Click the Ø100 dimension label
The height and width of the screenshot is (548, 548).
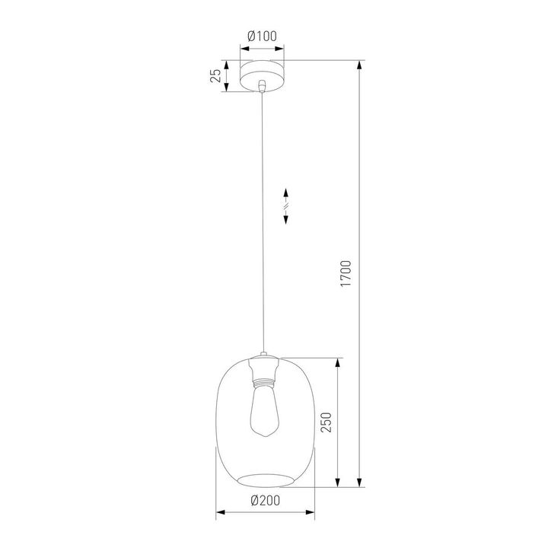(262, 35)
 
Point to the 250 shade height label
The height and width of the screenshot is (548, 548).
(326, 422)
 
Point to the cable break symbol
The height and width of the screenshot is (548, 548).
(285, 205)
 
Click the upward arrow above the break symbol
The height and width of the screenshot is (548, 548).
(285, 193)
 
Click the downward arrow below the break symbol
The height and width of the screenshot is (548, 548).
(285, 218)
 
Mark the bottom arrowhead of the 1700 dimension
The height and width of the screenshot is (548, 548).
(359, 480)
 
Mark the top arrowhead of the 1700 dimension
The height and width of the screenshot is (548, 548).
(359, 65)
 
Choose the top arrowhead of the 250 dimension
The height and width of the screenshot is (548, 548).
(339, 363)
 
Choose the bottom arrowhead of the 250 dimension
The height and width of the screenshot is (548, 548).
(339, 480)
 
